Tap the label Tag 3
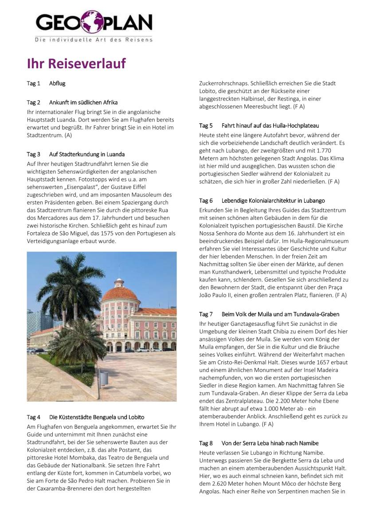(33, 154)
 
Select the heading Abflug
(57, 83)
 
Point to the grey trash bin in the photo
(103, 378)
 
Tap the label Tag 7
(206, 314)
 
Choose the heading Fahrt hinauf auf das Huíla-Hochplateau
(270, 126)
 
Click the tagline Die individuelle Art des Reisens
(94, 40)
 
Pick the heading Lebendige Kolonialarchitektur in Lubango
(273, 201)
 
